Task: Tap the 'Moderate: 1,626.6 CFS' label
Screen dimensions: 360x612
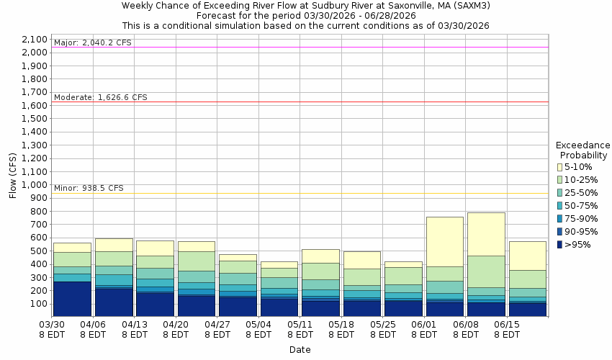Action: point(100,97)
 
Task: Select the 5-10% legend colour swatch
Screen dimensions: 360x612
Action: point(559,167)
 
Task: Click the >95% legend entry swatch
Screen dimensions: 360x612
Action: point(559,245)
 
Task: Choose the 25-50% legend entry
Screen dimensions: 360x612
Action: point(559,193)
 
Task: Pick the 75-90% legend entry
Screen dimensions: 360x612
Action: point(559,219)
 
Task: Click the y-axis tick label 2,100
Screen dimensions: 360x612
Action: point(35,40)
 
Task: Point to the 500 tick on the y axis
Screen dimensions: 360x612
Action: point(40,251)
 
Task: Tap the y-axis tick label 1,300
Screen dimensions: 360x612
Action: point(35,145)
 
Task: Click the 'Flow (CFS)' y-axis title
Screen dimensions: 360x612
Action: point(12,175)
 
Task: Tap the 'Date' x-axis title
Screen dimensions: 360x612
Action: point(300,350)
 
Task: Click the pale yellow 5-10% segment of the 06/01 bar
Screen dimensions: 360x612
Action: point(444,241)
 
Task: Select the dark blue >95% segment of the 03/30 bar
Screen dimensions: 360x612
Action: point(72,298)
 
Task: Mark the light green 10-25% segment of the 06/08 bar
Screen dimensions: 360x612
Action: point(485,271)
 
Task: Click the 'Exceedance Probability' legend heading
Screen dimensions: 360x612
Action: point(584,149)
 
